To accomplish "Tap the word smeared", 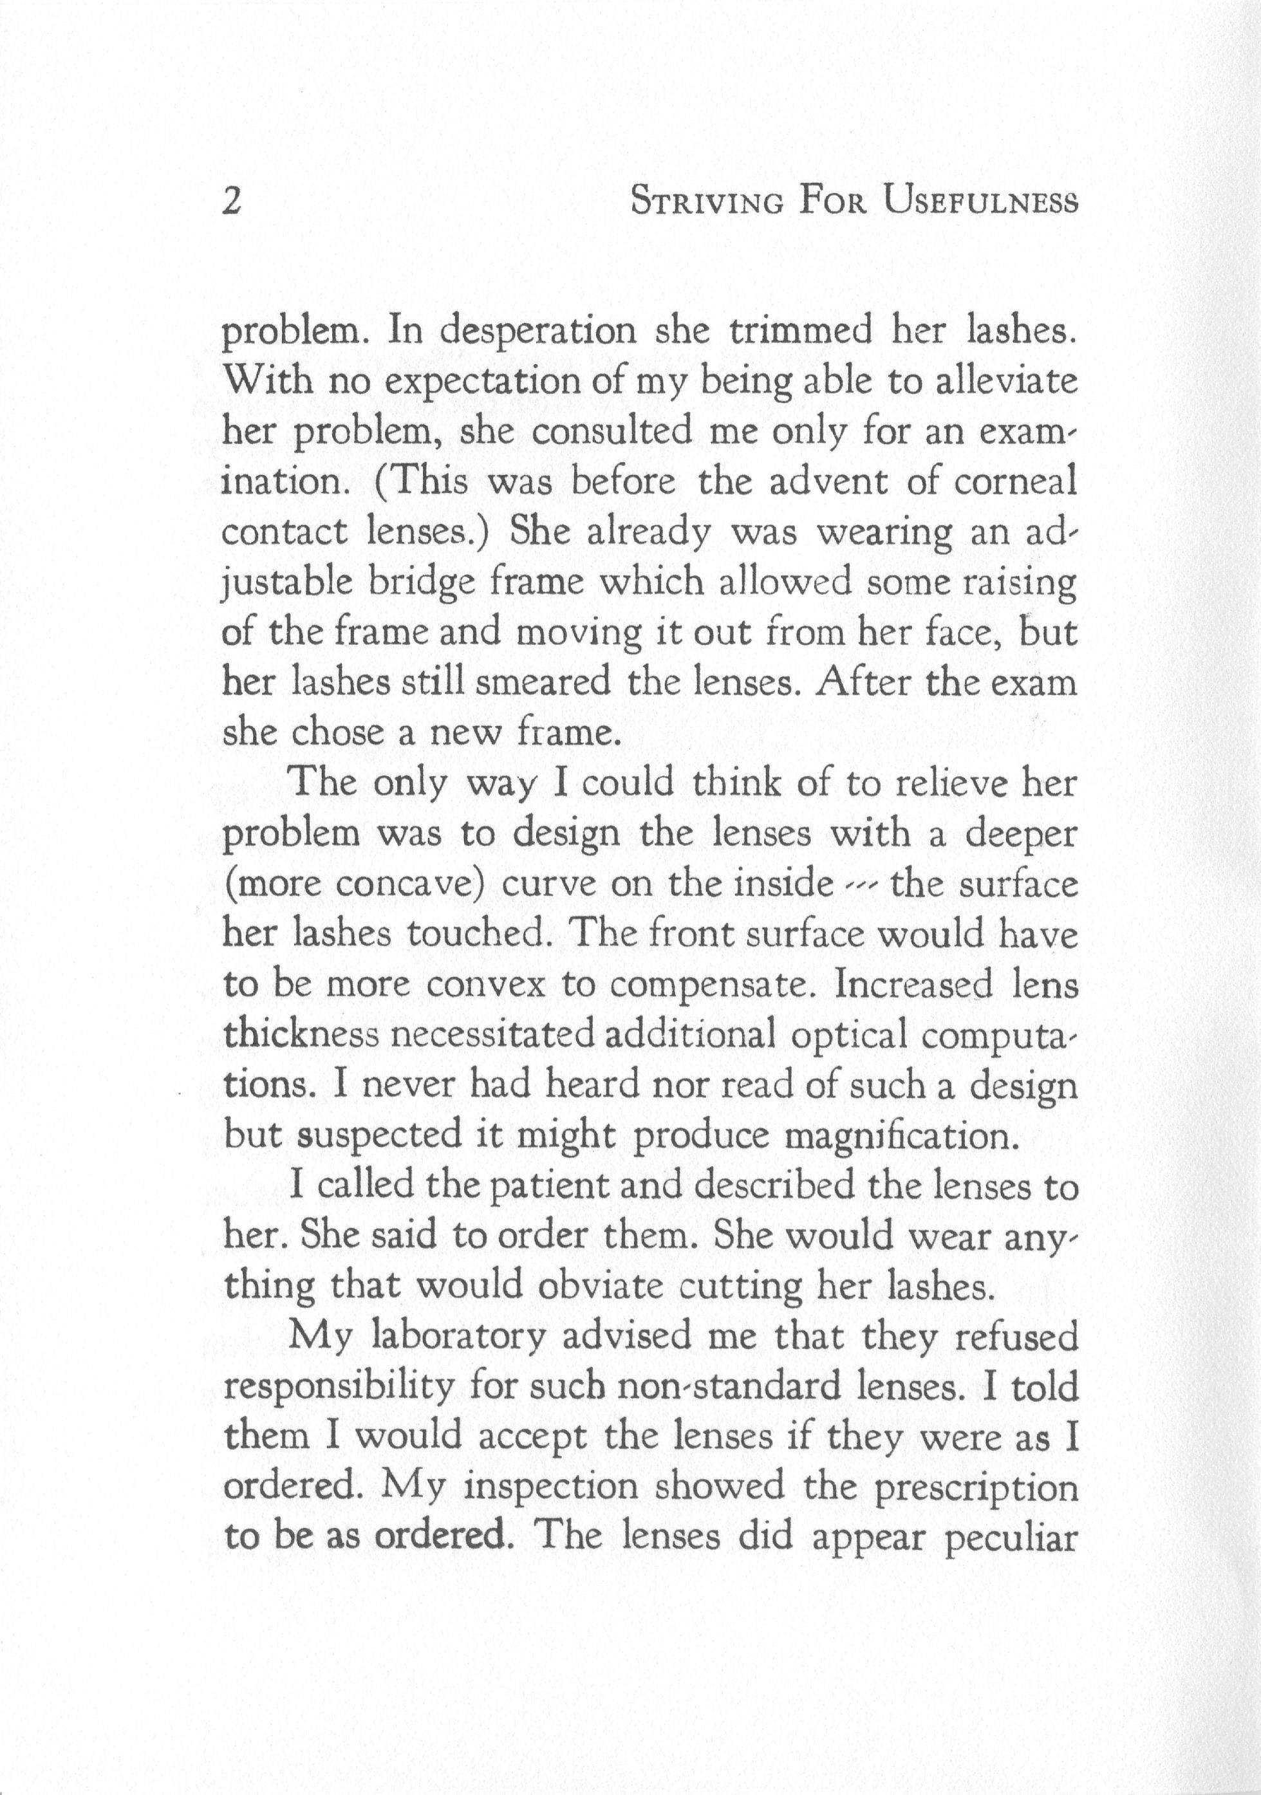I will click(x=542, y=682).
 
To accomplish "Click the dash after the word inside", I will click(x=861, y=885).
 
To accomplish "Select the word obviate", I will click(x=601, y=1286).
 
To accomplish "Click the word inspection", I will click(x=550, y=1487).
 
